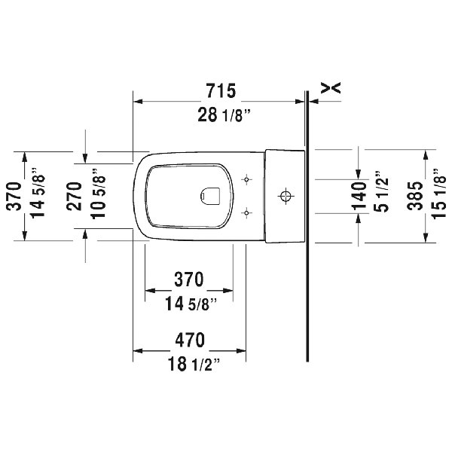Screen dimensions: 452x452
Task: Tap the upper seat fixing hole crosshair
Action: pyautogui.click(x=246, y=179)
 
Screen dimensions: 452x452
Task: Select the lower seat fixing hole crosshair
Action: pyautogui.click(x=246, y=213)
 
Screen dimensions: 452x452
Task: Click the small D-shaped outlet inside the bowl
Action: pyautogui.click(x=208, y=197)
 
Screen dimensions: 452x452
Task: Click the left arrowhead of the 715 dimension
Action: pyautogui.click(x=138, y=101)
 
